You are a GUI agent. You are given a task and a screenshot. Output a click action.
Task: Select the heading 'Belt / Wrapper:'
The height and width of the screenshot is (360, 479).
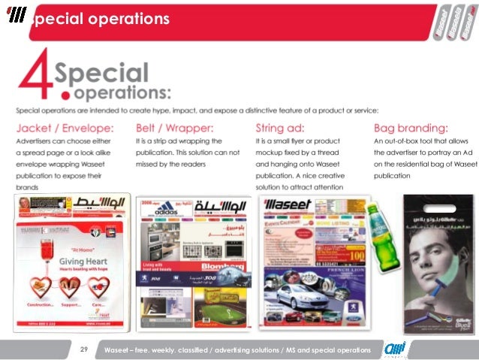point(173,127)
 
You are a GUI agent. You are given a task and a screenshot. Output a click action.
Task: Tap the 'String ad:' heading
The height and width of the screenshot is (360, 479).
point(280,127)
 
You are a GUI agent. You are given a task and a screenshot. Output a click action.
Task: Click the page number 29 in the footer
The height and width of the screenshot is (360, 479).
point(83,350)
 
